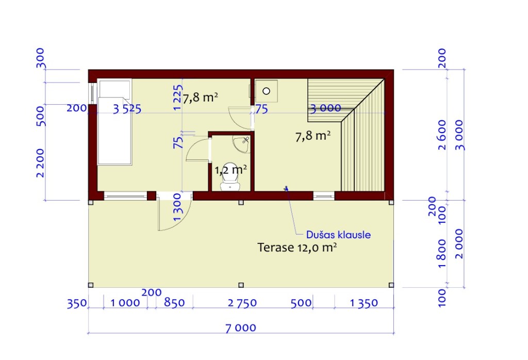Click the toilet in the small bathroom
click(230, 185)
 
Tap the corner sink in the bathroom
click(242, 144)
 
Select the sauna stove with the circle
click(266, 91)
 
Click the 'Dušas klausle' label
click(338, 234)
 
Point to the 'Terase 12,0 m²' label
click(297, 248)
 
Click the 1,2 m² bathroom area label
click(230, 169)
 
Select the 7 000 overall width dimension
click(240, 328)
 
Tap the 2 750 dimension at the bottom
click(242, 303)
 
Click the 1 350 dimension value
click(364, 303)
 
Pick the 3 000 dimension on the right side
click(459, 135)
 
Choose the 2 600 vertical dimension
click(442, 135)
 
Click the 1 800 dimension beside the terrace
click(442, 254)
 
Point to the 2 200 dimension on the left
click(40, 162)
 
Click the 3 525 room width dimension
click(127, 109)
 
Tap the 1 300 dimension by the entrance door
click(177, 207)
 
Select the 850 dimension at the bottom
click(174, 302)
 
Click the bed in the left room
click(114, 122)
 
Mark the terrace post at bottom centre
click(241, 285)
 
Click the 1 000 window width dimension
click(125, 303)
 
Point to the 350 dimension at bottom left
click(77, 303)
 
